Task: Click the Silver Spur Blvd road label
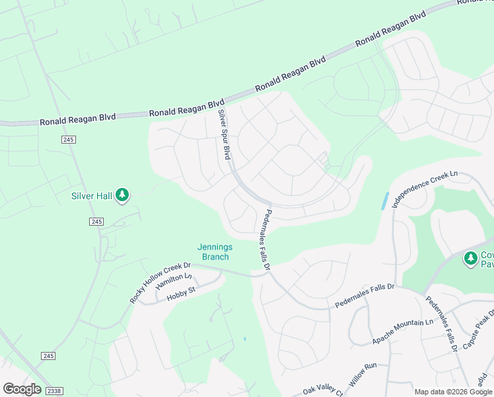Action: [x=224, y=134]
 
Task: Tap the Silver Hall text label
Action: [x=92, y=196]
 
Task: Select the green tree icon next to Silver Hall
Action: [x=122, y=195]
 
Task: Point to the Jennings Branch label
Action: [x=215, y=252]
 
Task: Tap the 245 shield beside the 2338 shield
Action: [x=48, y=356]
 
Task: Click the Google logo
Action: [x=22, y=389]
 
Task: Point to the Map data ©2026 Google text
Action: [x=452, y=392]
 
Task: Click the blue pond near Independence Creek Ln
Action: [x=384, y=201]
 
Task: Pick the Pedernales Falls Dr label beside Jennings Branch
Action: [x=267, y=240]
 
